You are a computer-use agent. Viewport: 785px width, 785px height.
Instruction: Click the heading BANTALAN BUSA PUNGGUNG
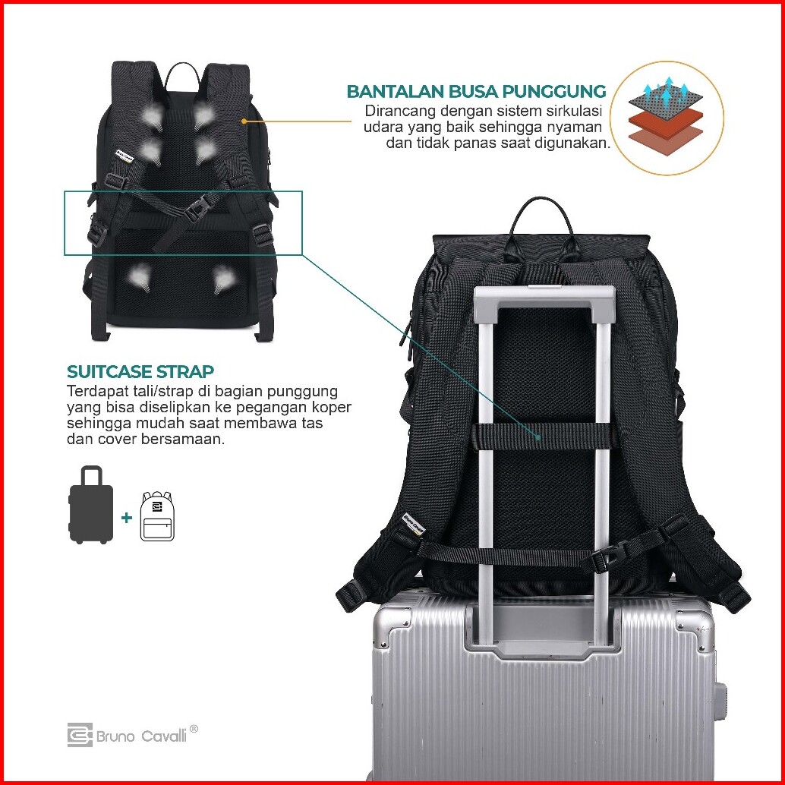pos(477,92)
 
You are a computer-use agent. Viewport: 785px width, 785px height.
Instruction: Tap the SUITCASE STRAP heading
pos(140,372)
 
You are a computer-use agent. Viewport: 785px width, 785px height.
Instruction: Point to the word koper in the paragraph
pos(327,408)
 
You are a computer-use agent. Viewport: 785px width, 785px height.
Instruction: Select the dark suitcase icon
pos(91,505)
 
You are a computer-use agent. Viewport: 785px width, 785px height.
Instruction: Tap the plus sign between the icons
pos(127,518)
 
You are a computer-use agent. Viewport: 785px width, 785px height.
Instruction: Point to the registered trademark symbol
pos(194,729)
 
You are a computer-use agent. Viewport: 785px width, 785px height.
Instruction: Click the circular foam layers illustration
pos(664,119)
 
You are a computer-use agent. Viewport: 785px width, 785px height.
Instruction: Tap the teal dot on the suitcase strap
pos(538,437)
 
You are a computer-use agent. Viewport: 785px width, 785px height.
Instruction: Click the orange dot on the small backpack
pos(244,120)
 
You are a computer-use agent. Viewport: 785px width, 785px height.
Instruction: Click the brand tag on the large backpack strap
pos(413,522)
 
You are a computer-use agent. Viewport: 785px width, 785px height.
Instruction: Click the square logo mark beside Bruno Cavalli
pos(79,735)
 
